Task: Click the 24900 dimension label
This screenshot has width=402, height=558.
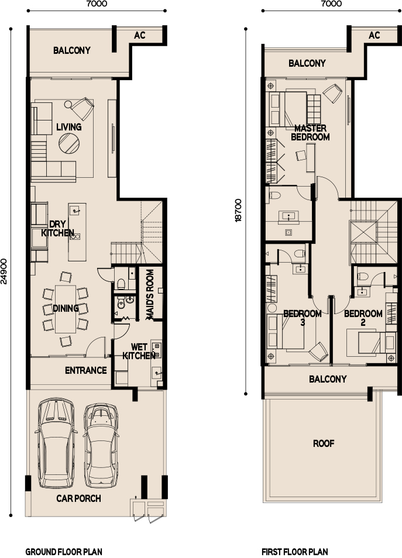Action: pos(5,271)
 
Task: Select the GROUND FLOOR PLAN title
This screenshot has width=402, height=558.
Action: pos(64,552)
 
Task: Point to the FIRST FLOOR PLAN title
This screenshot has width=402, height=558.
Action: pos(294,552)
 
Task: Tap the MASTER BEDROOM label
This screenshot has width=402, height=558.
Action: pos(310,133)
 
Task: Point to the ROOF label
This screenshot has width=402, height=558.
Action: pos(323,443)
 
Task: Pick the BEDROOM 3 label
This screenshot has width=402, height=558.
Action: pos(302,318)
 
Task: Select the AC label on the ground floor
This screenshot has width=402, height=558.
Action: pos(140,35)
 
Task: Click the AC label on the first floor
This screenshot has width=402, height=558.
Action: pos(374,35)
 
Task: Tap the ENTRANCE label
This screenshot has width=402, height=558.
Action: pos(85,370)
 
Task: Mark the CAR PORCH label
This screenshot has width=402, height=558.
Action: pos(78,498)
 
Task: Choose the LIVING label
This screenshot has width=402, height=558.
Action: pos(68,127)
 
